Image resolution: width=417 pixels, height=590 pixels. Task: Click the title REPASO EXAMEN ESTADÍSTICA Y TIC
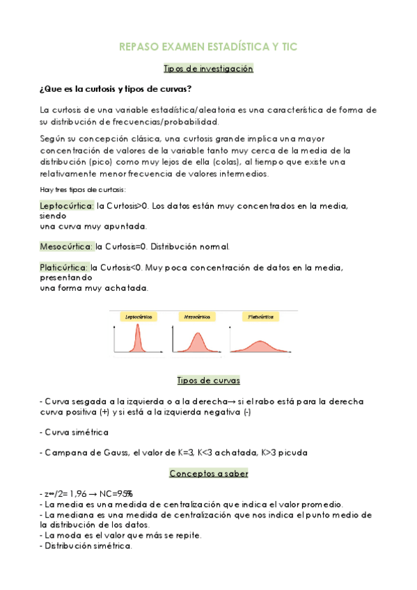208,47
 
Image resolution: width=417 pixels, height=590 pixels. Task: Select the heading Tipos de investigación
208,69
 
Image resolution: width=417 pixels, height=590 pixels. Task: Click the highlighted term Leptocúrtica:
67,206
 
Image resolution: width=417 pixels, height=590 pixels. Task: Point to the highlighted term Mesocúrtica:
67,246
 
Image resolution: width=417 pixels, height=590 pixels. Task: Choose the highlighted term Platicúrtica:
65,267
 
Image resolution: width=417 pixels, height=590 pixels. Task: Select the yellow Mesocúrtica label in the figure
197,317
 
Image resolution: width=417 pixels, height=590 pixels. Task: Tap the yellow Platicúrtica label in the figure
261,317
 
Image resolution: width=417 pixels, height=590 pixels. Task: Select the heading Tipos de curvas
208,381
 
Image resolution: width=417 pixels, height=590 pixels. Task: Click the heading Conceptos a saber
208,474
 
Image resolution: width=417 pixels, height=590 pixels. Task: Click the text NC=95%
118,493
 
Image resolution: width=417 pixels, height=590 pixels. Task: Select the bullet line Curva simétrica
77,432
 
